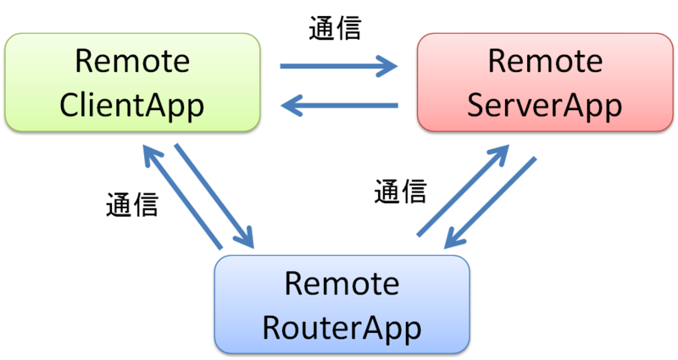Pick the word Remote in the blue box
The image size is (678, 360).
342,281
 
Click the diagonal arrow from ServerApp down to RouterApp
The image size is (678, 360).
492,203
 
